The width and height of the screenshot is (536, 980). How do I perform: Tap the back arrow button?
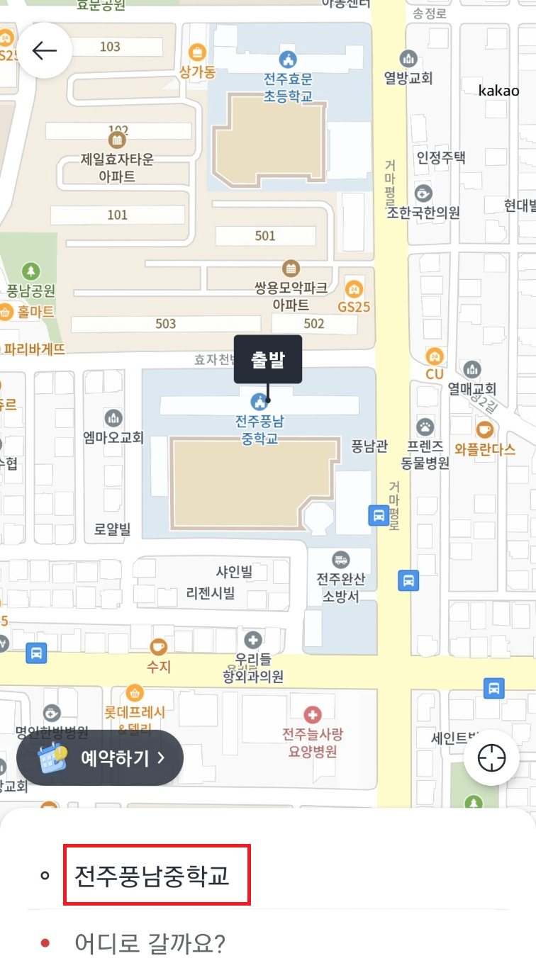pos(44,50)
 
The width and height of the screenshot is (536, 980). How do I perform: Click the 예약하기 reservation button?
pos(100,757)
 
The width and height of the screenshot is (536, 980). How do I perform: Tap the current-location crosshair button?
pos(491,758)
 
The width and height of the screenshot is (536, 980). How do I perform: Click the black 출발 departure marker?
pos(268,359)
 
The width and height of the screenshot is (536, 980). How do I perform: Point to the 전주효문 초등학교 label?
pos(287,88)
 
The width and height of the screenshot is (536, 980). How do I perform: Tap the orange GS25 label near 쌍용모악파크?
pos(354,307)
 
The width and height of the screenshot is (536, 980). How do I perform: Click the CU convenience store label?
pos(434,373)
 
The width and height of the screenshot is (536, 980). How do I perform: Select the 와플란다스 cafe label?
pos(485,449)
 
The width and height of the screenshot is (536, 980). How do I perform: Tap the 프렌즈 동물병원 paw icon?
pos(425,427)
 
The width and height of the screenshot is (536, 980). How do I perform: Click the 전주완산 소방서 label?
pos(341,587)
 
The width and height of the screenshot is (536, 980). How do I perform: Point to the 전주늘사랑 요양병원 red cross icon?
pos(312,714)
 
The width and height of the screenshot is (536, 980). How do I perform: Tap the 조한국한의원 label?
pos(423,212)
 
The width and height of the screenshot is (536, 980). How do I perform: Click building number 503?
pos(165,324)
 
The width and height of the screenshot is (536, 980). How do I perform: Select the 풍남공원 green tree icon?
pos(31,271)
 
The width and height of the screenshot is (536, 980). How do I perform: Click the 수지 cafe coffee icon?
pos(159,646)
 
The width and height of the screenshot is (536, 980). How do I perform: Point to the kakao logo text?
pos(498,90)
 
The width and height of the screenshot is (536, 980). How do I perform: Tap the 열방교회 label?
pos(408,77)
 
